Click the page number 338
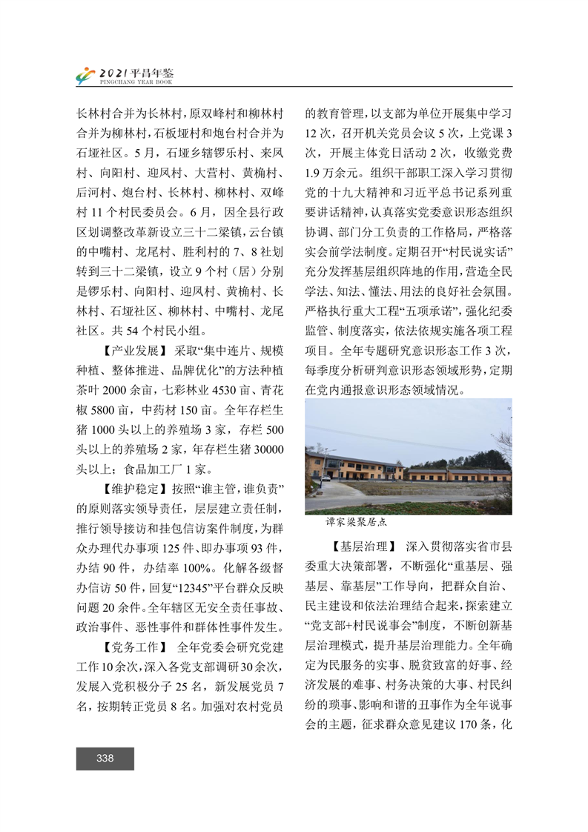[x=105, y=758]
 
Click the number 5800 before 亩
[x=108, y=409]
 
